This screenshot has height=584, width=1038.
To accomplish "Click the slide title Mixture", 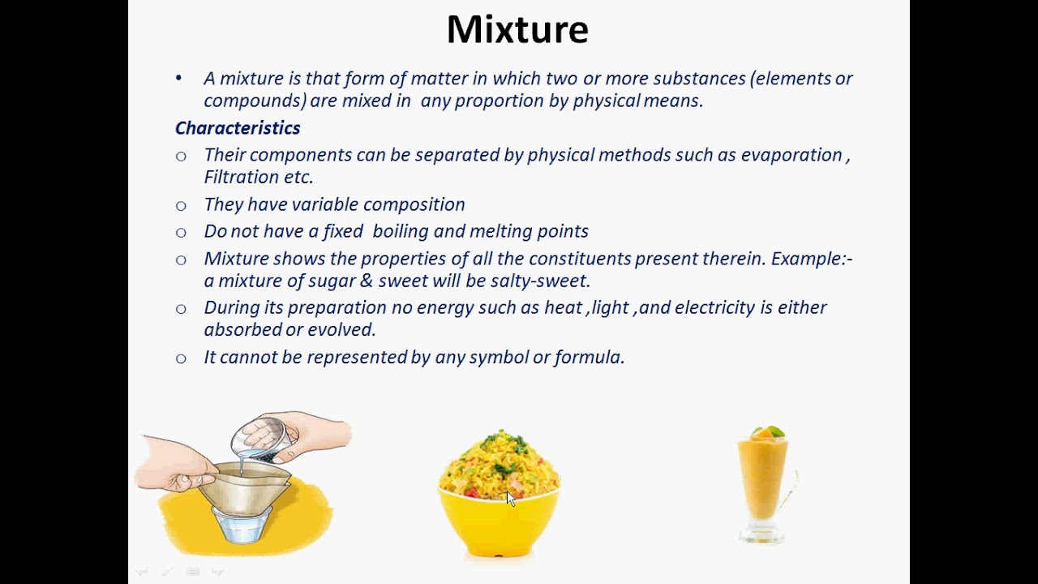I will (x=517, y=30).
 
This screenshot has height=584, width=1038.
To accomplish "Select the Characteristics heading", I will (x=238, y=128).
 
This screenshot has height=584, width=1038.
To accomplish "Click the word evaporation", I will (x=791, y=155).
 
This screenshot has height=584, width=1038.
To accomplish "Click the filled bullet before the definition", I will (x=179, y=79).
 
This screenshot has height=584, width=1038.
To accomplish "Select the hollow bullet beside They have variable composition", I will (x=181, y=206).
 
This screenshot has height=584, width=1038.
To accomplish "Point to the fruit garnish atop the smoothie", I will (x=766, y=432).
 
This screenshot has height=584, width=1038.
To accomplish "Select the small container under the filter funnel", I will (x=241, y=526).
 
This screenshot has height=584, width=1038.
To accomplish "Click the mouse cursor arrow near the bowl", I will (x=510, y=498).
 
